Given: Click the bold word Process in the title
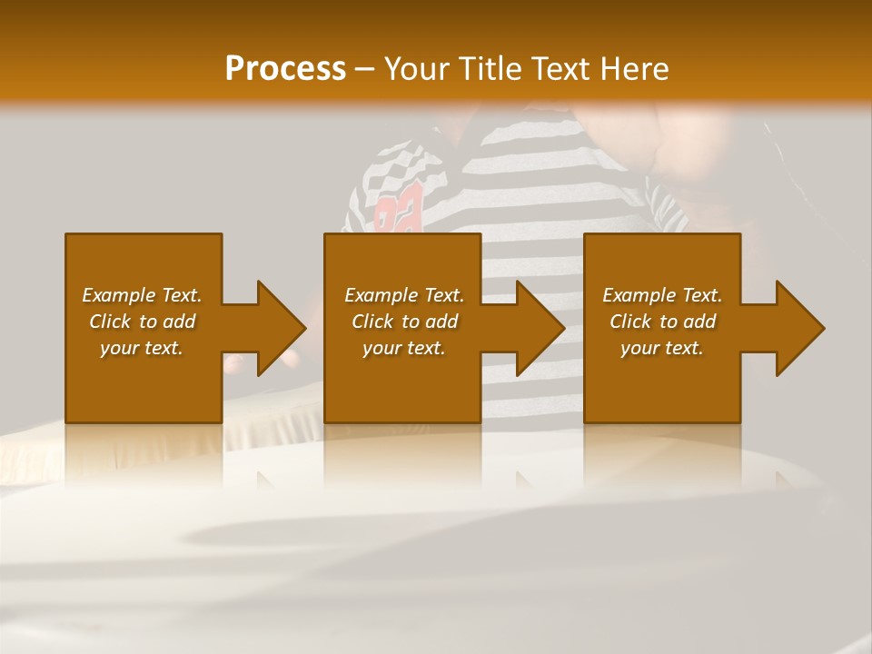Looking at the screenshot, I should click(x=285, y=69).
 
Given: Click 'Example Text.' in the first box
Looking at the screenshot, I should click(x=142, y=295).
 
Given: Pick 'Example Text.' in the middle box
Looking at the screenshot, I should click(x=404, y=295).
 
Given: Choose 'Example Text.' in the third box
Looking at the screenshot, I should click(x=662, y=295).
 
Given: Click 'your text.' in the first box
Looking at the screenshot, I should click(x=142, y=348).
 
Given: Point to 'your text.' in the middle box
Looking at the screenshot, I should click(x=404, y=348).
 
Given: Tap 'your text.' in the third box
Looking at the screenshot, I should click(x=662, y=348).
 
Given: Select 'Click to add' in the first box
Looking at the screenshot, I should click(x=142, y=322).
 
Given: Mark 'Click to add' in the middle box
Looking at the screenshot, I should click(x=404, y=322).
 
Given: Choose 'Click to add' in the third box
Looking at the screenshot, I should click(x=662, y=322).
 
